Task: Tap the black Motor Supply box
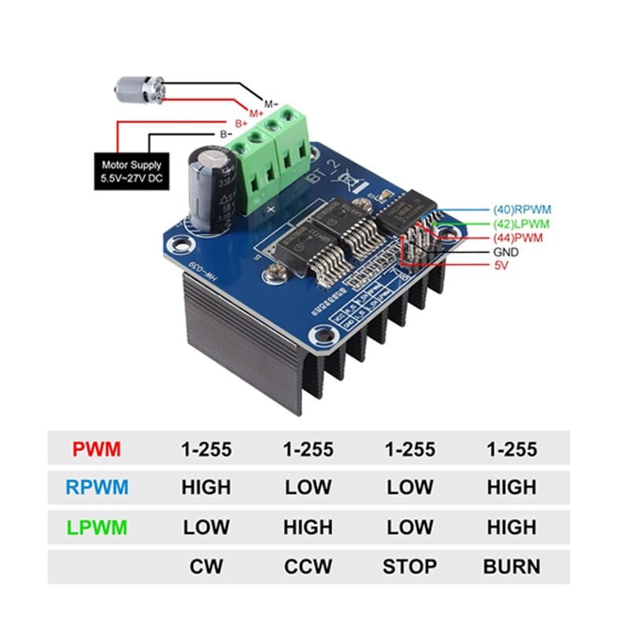pos(131,171)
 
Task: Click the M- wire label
pos(271,104)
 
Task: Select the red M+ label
pos(257,114)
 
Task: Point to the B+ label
pos(241,124)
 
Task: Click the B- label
pos(226,135)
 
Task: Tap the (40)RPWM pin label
pos(521,209)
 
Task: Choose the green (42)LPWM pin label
pos(521,224)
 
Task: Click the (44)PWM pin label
pos(518,238)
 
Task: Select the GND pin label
pos(506,252)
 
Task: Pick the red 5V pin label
pos(500,266)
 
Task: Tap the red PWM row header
pos(97,450)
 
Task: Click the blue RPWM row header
pos(97,487)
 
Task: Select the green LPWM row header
pos(97,527)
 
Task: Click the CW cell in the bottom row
pos(206,566)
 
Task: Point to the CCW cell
pos(308,566)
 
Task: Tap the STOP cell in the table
pos(409,566)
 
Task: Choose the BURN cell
pos(511,566)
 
